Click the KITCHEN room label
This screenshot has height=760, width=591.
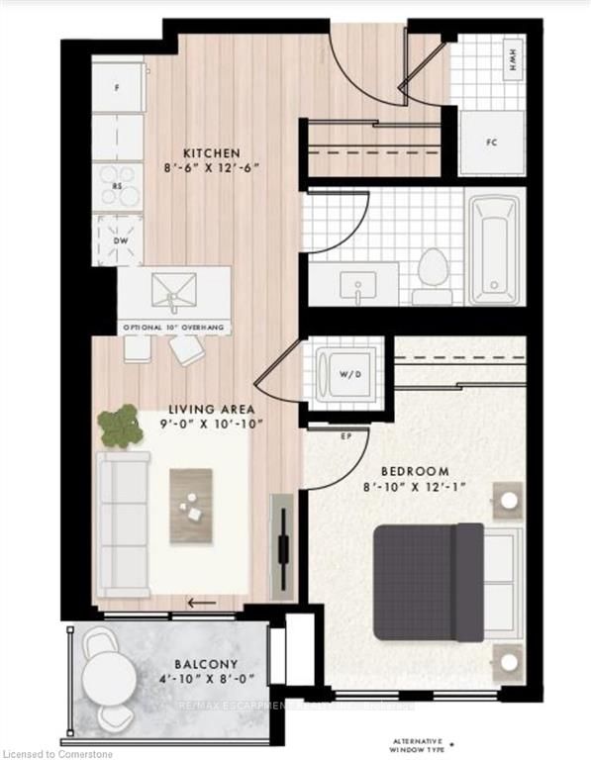coord(211,153)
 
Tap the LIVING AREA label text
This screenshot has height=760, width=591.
coord(212,409)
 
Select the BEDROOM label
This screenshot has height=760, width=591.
coord(415,471)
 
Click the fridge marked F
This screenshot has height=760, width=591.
coord(118,88)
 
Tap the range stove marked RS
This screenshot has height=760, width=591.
coord(118,186)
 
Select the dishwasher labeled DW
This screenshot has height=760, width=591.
coord(118,239)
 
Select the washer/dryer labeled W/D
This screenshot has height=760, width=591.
coord(345,374)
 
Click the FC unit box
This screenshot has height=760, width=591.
coord(491,142)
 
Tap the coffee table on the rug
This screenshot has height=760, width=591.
coord(193,506)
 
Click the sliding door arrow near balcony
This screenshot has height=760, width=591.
coord(202,601)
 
